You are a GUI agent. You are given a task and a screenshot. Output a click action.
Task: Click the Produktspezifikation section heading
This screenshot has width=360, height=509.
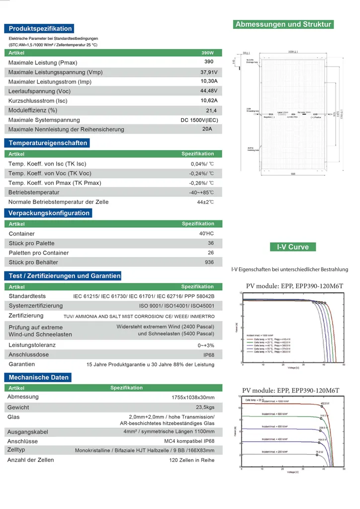pos(40,29)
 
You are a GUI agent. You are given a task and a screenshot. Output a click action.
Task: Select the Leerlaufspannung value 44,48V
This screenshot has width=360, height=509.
pos(209,90)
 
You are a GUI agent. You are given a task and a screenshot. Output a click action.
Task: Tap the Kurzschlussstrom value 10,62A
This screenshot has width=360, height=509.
pos(209,100)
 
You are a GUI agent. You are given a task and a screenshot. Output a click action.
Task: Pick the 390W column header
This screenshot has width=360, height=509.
pos(208,53)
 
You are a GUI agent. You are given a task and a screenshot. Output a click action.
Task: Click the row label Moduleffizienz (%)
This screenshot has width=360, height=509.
pos(33,110)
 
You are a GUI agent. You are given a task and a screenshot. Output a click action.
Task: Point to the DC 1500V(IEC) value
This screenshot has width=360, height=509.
pos(199,120)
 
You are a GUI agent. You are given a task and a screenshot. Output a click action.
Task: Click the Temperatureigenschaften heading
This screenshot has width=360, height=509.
pos(48,143)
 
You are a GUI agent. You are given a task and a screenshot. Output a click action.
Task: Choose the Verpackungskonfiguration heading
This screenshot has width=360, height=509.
pos(49,213)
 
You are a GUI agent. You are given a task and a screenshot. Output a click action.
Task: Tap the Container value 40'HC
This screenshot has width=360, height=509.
pos(206,233)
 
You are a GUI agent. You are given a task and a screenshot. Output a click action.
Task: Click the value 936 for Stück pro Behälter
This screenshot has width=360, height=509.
pos(209,262)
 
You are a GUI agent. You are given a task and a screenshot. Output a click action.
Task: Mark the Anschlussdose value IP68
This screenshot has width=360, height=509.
pos(209,355)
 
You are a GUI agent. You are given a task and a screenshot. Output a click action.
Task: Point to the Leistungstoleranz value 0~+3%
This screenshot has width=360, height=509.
pos(206,345)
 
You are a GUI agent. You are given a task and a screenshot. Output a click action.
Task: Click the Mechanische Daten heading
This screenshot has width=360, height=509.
pos(38,378)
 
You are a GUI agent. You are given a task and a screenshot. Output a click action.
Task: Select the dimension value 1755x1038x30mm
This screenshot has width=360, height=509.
pos(193,398)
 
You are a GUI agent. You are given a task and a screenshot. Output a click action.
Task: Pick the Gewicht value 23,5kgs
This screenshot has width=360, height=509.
pos(204,407)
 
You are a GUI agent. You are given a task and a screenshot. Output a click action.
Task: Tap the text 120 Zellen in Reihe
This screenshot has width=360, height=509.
pos(191,460)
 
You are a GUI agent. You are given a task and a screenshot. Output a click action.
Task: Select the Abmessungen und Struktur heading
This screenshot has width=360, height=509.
pos(283,24)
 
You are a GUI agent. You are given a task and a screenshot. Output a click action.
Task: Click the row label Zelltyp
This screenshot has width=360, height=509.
pos(16,450)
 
